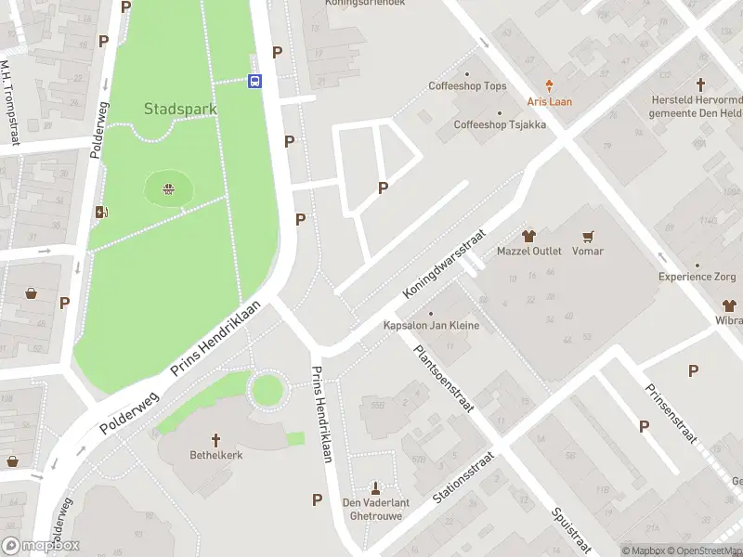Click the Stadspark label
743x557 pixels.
(180, 109)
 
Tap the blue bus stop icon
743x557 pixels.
(254, 81)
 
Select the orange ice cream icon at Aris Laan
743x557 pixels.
(550, 84)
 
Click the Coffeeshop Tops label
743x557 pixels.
(467, 86)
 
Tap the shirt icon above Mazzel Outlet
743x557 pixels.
(529, 236)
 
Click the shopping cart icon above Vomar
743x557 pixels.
(587, 236)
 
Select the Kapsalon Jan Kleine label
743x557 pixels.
(431, 326)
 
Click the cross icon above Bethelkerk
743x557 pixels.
(215, 440)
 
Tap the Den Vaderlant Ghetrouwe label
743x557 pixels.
(376, 509)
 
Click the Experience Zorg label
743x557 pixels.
(697, 277)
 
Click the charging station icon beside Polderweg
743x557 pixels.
(101, 212)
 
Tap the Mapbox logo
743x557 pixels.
(41, 546)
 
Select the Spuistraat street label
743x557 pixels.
(569, 528)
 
